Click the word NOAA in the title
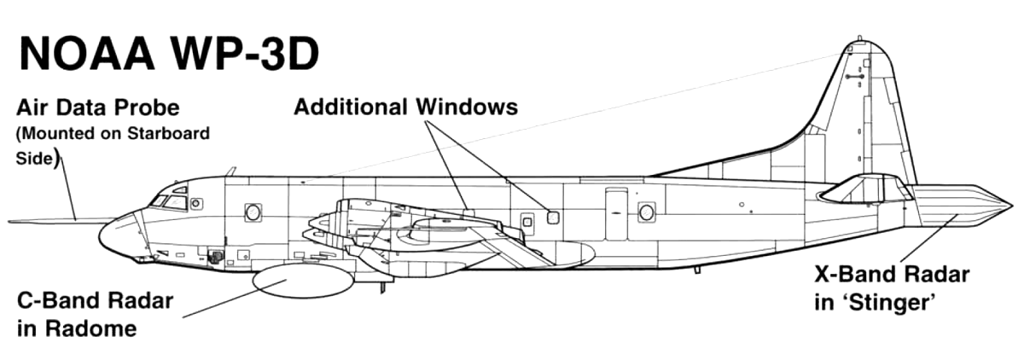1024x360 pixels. (86, 54)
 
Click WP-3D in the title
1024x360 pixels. (245, 54)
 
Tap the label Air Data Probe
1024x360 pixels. (98, 108)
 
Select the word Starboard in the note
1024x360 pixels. (168, 133)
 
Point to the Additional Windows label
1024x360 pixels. (406, 107)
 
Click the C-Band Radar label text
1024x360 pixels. (95, 301)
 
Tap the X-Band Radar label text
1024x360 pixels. (892, 275)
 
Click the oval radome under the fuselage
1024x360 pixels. (303, 280)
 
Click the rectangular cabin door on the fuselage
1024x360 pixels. (616, 214)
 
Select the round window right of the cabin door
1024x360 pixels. (647, 212)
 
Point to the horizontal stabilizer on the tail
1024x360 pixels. (864, 189)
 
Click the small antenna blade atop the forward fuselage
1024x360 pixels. (232, 171)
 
